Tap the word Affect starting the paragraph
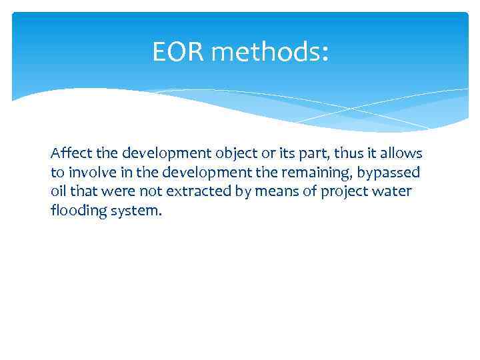71,153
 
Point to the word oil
58,192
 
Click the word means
264,192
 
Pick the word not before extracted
139,192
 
